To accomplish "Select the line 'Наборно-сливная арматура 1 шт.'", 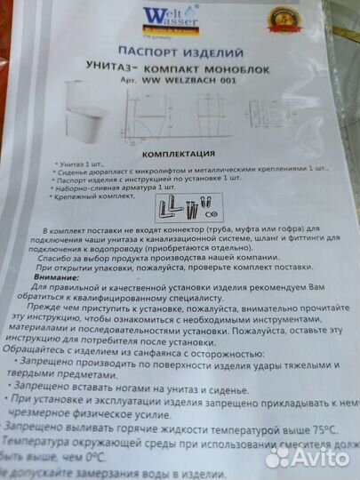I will pos(107,188).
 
